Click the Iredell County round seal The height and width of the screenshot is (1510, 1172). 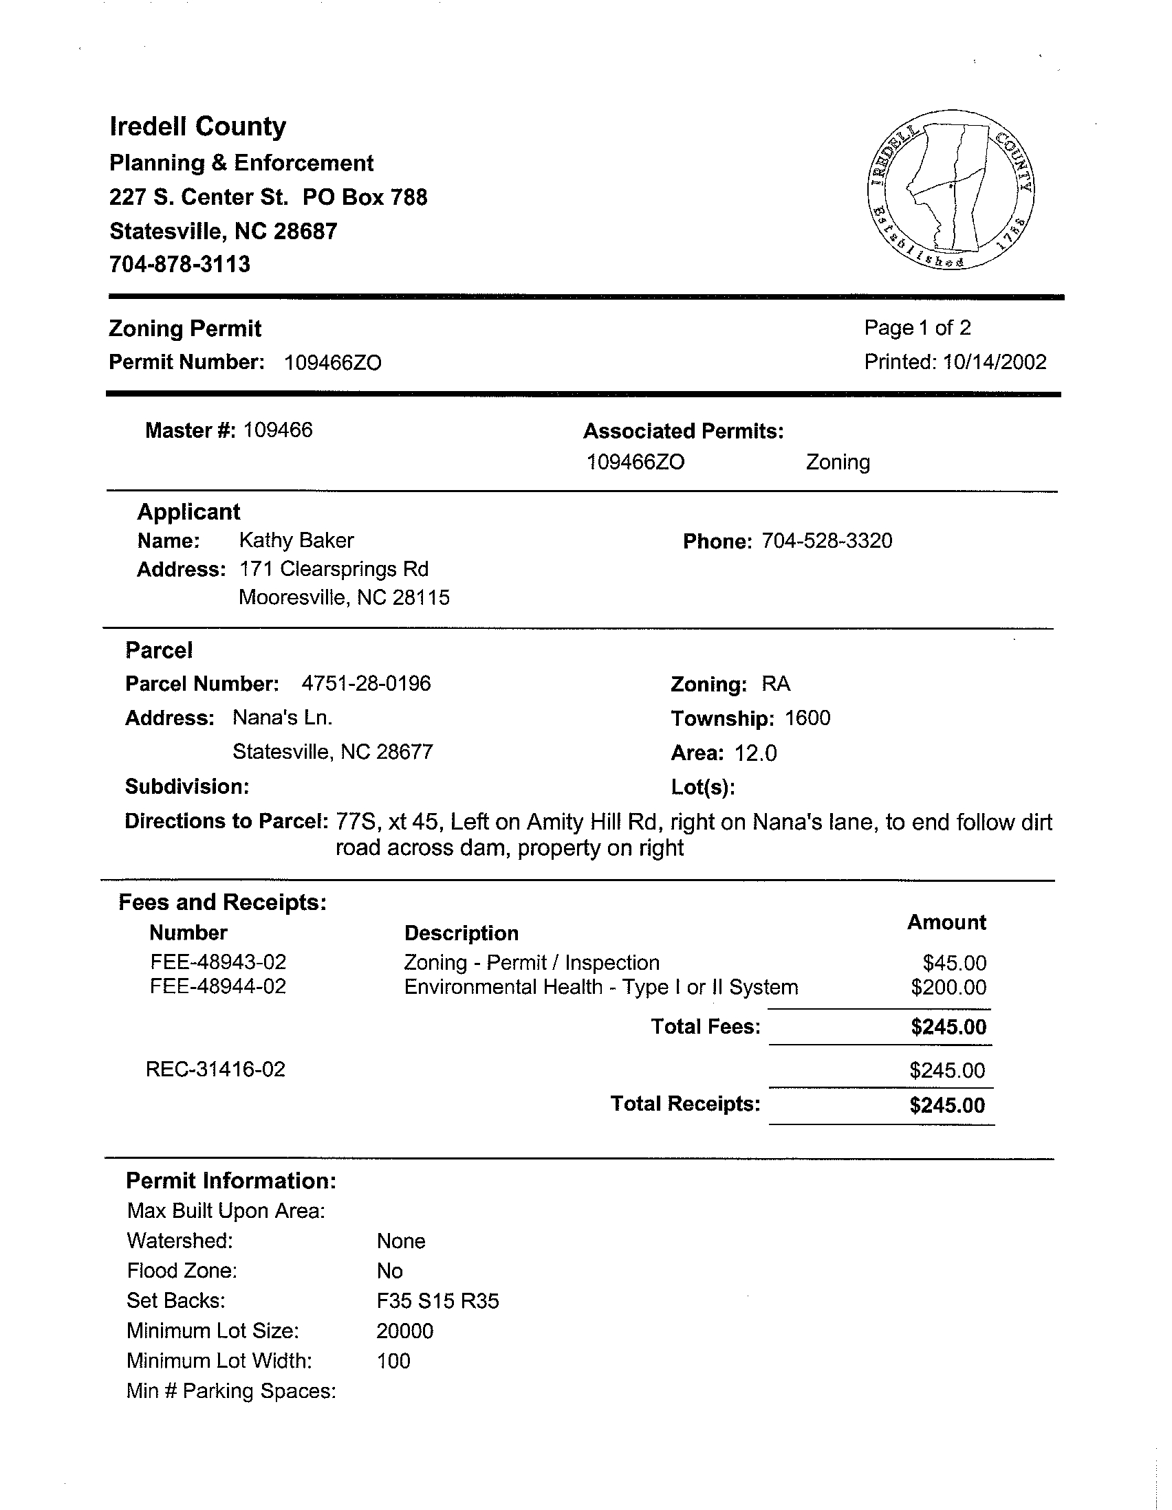pos(950,190)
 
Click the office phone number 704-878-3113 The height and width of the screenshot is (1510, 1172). pos(180,264)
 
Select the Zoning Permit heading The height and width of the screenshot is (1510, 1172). pos(185,329)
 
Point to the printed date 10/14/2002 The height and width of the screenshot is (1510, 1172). pos(994,362)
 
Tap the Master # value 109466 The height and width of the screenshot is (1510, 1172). pos(277,430)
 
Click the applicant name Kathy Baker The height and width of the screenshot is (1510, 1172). pos(296,540)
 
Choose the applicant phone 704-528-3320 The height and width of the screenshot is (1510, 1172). pos(827,541)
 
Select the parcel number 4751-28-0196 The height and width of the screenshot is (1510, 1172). pos(366,684)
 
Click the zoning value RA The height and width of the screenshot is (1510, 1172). pos(776,684)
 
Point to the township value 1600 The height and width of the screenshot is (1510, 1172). pos(807,718)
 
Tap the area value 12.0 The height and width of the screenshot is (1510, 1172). pos(755,753)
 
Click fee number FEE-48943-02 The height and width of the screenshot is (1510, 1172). pos(218,962)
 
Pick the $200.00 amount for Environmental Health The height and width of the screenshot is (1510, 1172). pos(948,986)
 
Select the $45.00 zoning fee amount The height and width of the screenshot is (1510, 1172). pos(954,962)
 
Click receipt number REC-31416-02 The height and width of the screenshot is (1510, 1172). pos(215,1069)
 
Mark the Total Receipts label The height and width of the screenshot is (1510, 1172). pos(685,1104)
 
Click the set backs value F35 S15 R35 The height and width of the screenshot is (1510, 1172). pos(437,1301)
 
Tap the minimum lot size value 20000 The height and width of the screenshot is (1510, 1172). pos(404,1331)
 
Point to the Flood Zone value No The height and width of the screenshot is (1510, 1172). pos(389,1271)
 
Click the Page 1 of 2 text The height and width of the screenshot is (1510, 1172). pos(918,328)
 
